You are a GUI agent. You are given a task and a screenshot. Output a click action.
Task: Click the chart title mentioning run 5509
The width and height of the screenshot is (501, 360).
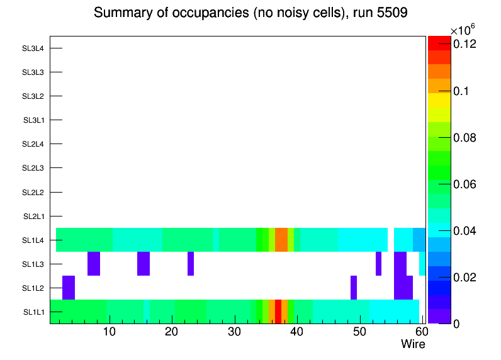coord(251,13)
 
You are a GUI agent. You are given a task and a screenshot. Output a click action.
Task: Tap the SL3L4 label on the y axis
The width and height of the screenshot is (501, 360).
coord(33,48)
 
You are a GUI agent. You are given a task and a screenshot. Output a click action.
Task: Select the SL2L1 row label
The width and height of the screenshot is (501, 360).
coord(33,217)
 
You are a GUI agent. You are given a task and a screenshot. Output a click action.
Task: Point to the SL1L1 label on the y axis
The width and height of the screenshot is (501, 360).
coord(33,312)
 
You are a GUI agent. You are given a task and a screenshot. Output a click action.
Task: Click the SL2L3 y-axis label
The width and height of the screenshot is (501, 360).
coord(33,168)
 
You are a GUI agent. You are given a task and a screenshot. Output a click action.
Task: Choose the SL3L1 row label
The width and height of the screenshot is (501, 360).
coord(33,120)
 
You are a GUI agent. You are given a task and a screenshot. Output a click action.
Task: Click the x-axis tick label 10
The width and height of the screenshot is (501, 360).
coord(110,332)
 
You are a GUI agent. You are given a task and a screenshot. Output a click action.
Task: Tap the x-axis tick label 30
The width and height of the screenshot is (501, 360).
coord(234,332)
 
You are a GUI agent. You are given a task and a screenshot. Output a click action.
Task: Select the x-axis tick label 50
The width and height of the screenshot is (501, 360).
coord(359,332)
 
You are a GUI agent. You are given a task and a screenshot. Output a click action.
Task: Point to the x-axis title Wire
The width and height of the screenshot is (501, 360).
coord(413,344)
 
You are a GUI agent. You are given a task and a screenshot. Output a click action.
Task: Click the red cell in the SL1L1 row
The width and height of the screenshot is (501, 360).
coord(278,312)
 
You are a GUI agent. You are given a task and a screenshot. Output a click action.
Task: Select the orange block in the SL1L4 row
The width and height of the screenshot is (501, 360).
coord(281,240)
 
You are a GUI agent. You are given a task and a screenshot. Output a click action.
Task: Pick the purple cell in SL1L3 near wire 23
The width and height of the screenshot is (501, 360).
coord(191,264)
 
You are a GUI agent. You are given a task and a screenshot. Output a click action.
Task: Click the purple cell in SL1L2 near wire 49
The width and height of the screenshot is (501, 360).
coord(354,288)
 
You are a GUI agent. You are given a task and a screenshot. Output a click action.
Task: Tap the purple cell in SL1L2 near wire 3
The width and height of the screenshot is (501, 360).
coord(69,288)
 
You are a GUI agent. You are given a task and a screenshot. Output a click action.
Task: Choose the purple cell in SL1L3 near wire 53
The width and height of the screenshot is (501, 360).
coord(378,264)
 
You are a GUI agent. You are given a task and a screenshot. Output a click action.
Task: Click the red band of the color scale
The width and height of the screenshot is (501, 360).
coord(439,43)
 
